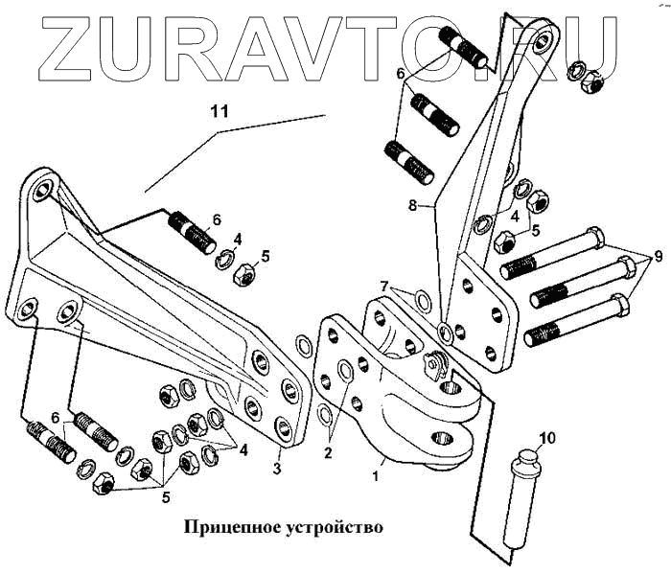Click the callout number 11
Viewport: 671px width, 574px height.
[221, 111]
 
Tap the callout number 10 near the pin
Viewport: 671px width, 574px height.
[546, 440]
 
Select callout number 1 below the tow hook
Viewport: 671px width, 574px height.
[376, 472]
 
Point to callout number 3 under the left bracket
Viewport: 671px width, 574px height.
[278, 468]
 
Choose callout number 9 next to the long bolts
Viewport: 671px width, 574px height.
[658, 258]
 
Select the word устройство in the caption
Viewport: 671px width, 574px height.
[332, 528]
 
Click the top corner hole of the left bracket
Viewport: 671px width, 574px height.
[41, 191]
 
